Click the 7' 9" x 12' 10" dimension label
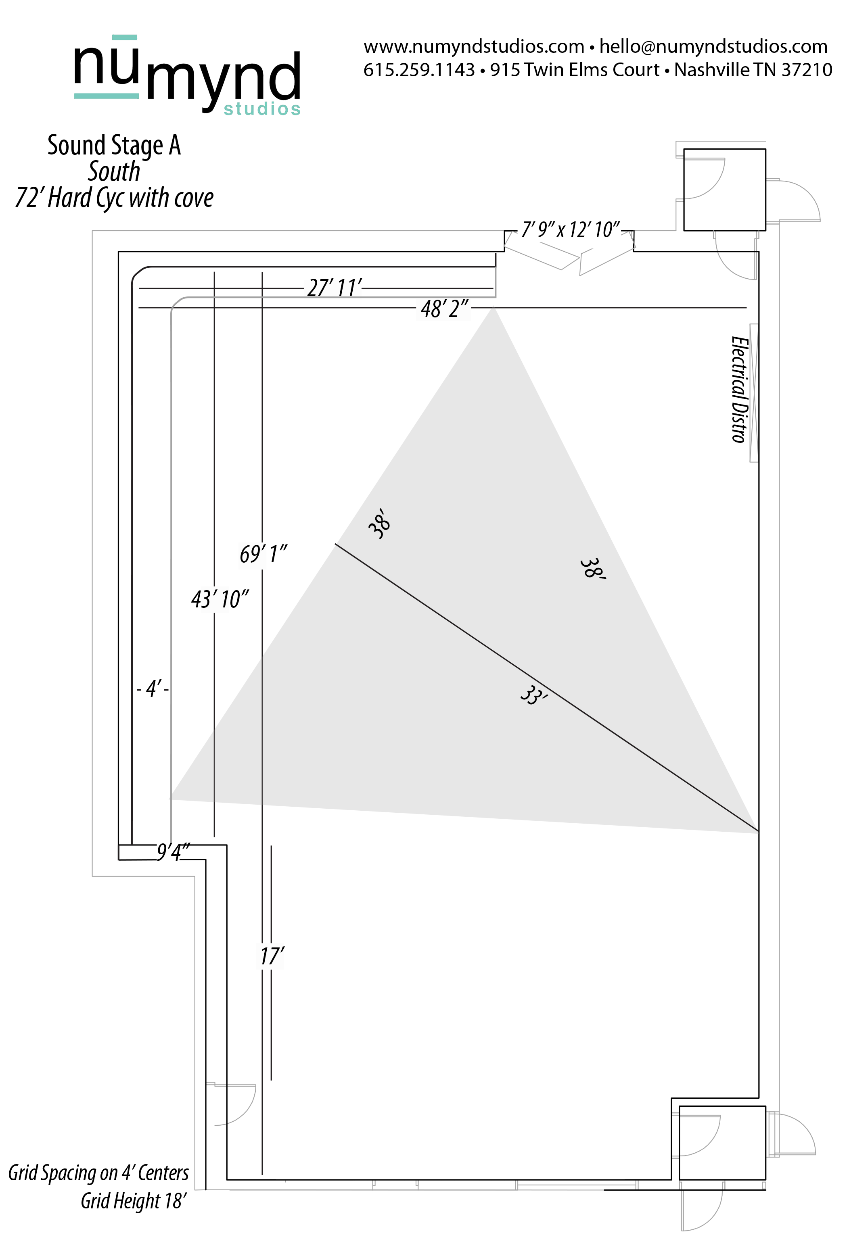coord(570,231)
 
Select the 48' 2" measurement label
coord(443,309)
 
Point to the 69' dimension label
coord(252,555)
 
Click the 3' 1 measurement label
coord(215,600)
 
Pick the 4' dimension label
coord(152,690)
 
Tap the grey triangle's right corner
coord(757,832)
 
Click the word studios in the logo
coord(262,109)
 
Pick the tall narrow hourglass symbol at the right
coord(754,392)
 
